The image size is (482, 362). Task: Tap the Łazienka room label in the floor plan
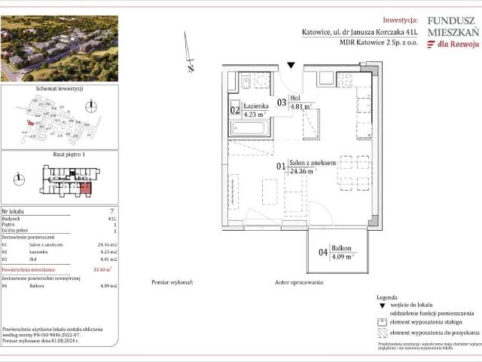pyautogui.click(x=256, y=107)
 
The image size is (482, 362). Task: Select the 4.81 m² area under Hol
pyautogui.click(x=301, y=107)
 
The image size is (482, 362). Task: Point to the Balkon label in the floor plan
pyautogui.click(x=342, y=249)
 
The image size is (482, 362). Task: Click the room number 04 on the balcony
pyautogui.click(x=323, y=253)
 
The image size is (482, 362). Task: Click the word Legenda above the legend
pyautogui.click(x=387, y=298)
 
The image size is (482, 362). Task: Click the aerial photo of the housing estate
pyautogui.click(x=59, y=48)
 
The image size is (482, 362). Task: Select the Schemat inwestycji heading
pyautogui.click(x=58, y=88)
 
